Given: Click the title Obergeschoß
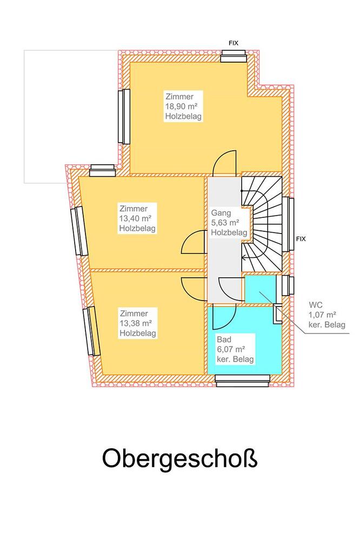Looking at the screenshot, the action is (x=179, y=458).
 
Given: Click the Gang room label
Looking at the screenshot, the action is (x=221, y=213).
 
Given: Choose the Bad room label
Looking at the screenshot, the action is (x=224, y=339).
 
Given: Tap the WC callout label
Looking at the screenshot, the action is (x=316, y=305).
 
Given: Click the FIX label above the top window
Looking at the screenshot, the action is (x=233, y=43).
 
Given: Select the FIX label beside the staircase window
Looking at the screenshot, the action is (x=301, y=239).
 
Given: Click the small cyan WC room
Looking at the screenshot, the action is (x=260, y=289).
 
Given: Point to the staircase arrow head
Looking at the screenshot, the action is (x=244, y=257).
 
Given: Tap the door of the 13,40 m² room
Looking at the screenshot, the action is (x=194, y=242).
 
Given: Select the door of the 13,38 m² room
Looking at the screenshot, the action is (x=194, y=289).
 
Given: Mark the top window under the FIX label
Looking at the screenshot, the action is (x=234, y=56).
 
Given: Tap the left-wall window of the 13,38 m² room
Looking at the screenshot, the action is (x=91, y=331).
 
